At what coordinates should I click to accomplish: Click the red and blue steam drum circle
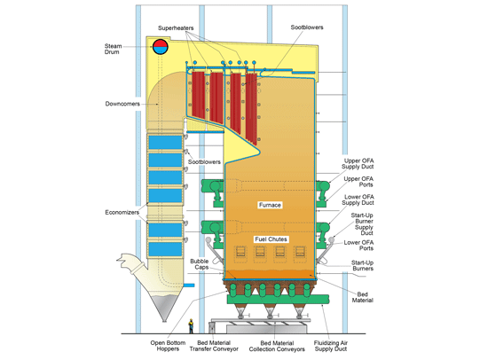(161, 47)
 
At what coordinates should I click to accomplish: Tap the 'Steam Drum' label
(113, 49)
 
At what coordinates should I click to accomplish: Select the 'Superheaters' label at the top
(176, 28)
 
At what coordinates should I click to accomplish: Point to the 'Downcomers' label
(122, 104)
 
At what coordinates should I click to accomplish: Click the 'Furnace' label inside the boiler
(270, 205)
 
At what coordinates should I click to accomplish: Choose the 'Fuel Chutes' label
(271, 239)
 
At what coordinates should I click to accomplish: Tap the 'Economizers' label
(122, 212)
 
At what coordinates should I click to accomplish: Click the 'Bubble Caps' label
(200, 264)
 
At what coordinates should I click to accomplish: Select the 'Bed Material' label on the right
(363, 297)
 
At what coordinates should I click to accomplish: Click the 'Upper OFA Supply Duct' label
(358, 164)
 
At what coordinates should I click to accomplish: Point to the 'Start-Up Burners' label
(363, 265)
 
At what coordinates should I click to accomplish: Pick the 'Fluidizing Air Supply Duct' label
(331, 346)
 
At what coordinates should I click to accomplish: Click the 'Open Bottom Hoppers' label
(168, 346)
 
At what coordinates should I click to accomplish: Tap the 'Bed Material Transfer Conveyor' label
(214, 346)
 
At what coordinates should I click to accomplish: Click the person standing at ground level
(191, 326)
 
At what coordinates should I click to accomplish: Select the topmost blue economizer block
(165, 142)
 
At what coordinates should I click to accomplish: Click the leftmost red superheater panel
(199, 95)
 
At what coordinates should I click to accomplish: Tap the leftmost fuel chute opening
(240, 252)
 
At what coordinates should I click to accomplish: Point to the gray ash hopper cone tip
(164, 321)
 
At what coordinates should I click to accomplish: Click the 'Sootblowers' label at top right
(307, 27)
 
